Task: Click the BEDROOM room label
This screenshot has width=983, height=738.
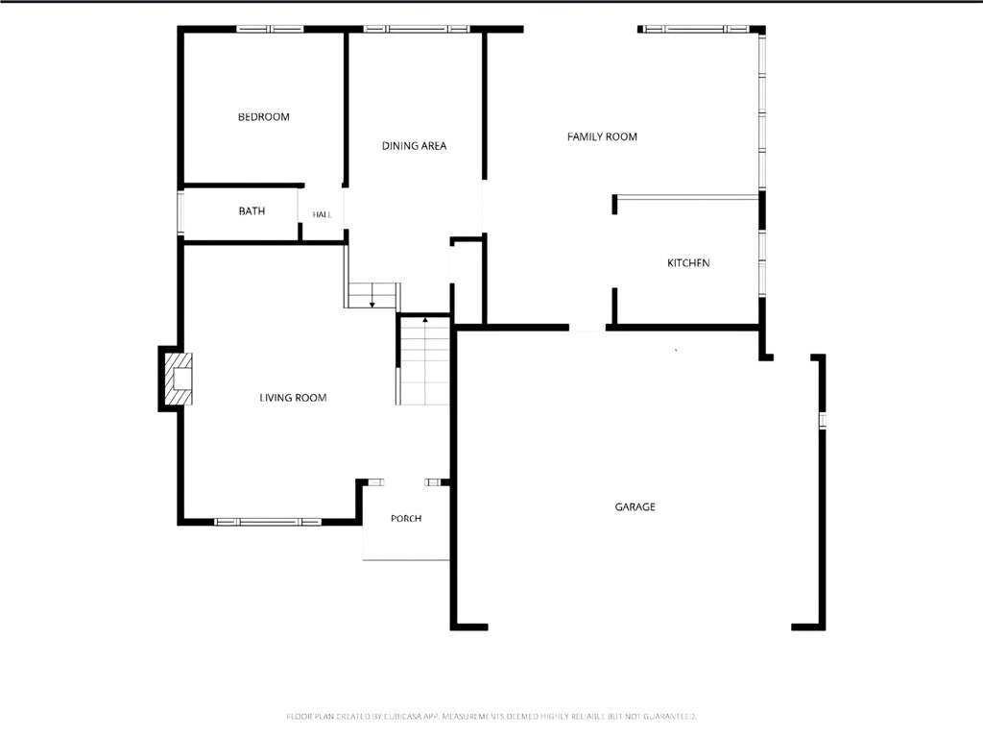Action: click(x=263, y=116)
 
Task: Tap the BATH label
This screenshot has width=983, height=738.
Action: click(x=252, y=210)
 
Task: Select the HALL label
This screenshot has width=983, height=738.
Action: click(x=322, y=214)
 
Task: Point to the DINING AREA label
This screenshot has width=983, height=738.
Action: click(x=414, y=146)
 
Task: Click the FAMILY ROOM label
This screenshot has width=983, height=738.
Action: click(x=602, y=136)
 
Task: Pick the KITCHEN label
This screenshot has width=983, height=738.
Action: click(x=688, y=263)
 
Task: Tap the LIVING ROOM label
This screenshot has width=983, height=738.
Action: click(x=293, y=397)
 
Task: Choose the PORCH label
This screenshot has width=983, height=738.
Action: click(x=406, y=518)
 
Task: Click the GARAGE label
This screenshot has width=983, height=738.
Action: click(x=635, y=506)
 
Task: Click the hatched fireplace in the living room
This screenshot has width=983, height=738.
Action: click(x=178, y=379)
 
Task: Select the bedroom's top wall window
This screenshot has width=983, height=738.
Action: click(x=270, y=29)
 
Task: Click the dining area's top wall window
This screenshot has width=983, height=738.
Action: click(x=417, y=29)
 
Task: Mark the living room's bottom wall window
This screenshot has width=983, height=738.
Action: click(x=268, y=522)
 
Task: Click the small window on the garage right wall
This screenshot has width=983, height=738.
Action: click(x=823, y=420)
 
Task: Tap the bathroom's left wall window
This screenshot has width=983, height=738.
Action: click(x=180, y=213)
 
